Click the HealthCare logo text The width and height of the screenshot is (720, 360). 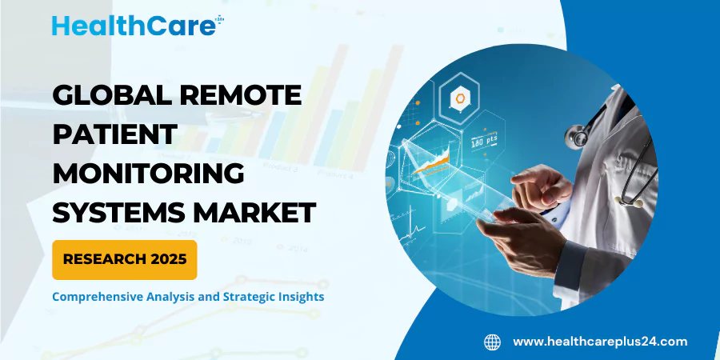(132, 25)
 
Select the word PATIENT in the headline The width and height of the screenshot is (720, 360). (114, 134)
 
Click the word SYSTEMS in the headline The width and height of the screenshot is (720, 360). (117, 212)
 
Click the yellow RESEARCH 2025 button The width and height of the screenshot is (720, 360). (124, 259)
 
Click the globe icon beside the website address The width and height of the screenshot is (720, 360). (492, 342)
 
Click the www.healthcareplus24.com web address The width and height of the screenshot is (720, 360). (600, 342)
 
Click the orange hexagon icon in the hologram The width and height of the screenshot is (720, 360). (460, 99)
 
